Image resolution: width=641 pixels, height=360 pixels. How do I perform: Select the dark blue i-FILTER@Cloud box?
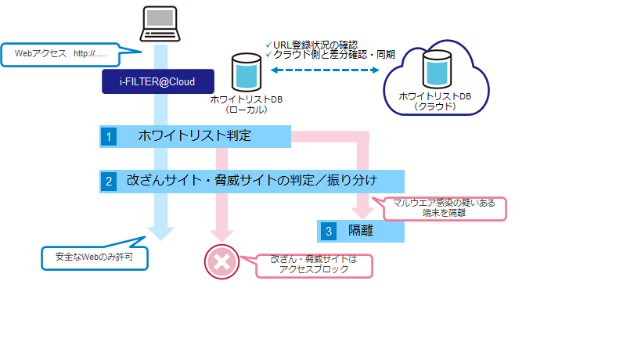pyautogui.click(x=159, y=81)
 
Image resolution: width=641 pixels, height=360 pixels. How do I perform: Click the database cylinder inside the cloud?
pyautogui.click(x=437, y=70)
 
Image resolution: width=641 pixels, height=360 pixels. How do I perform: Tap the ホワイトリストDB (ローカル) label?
pyautogui.click(x=247, y=105)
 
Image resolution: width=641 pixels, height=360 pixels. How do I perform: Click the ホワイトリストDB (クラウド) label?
pyautogui.click(x=435, y=101)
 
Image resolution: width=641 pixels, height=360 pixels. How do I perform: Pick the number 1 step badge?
pyautogui.click(x=109, y=136)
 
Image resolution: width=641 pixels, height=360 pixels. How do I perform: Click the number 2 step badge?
pyautogui.click(x=109, y=181)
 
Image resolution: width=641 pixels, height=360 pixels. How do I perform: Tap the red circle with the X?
pyautogui.click(x=220, y=262)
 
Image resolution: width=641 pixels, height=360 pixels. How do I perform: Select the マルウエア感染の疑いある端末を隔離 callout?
pyautogui.click(x=444, y=207)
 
